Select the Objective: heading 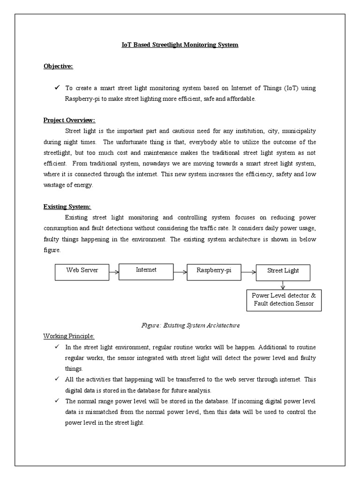[x=58, y=66]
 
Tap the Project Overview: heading [x=69, y=120]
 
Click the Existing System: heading [x=67, y=206]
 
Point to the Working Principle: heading [x=69, y=336]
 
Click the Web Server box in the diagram [x=82, y=272]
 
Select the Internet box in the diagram [x=146, y=271]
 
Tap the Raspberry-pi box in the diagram [x=214, y=272]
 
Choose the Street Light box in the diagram [x=283, y=272]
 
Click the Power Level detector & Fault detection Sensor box [x=284, y=300]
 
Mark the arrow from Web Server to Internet [x=114, y=271]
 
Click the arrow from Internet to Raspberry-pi [x=180, y=271]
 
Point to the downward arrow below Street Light [x=283, y=285]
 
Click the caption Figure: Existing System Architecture [x=190, y=325]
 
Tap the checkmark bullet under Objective [x=57, y=88]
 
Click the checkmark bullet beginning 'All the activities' [x=57, y=379]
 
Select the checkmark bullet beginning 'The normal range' [x=57, y=401]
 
